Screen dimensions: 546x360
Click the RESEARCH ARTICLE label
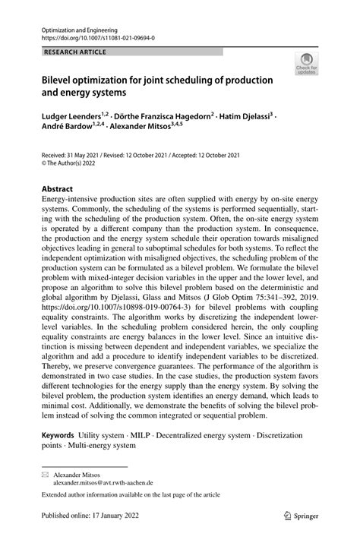(75, 52)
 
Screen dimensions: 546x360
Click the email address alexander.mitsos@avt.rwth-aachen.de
(103, 482)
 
